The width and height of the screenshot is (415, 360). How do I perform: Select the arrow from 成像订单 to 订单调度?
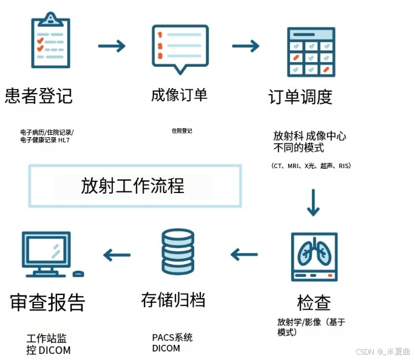click(x=246, y=46)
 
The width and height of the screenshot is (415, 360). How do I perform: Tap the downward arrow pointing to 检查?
click(x=313, y=203)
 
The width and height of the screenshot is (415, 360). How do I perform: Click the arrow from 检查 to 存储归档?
click(x=244, y=254)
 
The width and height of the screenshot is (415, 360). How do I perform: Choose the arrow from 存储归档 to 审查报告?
click(x=116, y=254)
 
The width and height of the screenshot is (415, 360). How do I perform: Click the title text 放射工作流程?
click(x=133, y=186)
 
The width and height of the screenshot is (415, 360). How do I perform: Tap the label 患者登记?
click(x=39, y=96)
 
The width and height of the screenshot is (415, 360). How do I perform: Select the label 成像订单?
click(x=179, y=95)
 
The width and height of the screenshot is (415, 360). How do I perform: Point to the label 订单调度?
click(x=300, y=97)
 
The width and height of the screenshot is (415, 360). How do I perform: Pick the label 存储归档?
click(x=173, y=300)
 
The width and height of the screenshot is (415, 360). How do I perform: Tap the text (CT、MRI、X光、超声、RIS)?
click(x=311, y=166)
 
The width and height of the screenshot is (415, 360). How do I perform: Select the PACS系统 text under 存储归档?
click(x=172, y=337)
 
